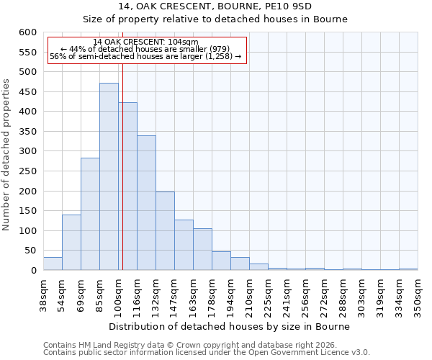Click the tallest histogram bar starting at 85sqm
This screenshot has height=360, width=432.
109,176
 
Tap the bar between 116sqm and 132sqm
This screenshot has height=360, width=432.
146,203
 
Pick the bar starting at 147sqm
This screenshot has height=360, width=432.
184,245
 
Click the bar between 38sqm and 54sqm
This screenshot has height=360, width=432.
53,264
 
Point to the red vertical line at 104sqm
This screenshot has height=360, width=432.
122,166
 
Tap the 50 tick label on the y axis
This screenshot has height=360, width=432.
30,251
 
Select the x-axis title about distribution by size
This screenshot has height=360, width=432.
230,326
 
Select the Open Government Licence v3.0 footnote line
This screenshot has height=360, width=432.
207,353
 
